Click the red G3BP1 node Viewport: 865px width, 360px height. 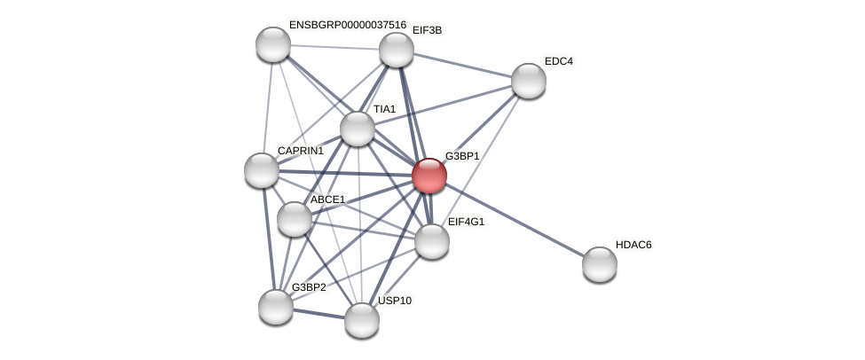point(429,175)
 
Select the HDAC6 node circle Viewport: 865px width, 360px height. point(600,263)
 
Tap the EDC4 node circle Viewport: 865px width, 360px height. point(529,81)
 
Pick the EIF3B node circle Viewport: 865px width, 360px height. point(397,50)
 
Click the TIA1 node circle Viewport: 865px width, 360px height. point(358,129)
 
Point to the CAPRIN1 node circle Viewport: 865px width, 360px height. point(262,170)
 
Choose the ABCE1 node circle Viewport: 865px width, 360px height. point(295,219)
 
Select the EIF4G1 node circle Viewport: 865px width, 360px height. point(432,241)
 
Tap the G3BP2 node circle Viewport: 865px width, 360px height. point(276,307)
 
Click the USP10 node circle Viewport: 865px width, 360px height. point(362,320)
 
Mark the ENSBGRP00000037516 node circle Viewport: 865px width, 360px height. point(273,44)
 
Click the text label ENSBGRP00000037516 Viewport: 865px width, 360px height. point(347,25)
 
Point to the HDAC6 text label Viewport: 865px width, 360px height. point(633,245)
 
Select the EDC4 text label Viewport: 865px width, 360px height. point(559,61)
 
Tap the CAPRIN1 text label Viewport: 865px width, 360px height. point(301,151)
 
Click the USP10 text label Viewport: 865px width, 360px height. point(395,301)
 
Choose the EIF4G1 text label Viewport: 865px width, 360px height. point(466,222)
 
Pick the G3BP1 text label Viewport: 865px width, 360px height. point(462,156)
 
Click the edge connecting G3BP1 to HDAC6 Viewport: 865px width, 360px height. point(515,219)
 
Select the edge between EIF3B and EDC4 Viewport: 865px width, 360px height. point(462,65)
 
